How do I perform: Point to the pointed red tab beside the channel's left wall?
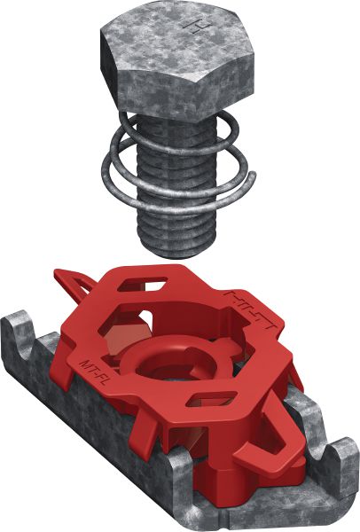point(75,284)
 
